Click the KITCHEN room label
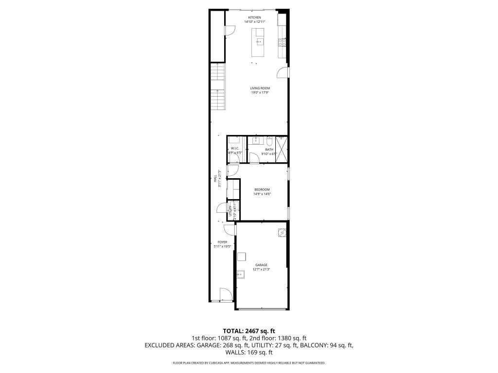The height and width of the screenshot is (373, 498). coord(255,17)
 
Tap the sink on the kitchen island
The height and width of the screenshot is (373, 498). coord(259,42)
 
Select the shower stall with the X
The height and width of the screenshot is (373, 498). coord(282,149)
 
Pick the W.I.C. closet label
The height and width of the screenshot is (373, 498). coord(234,148)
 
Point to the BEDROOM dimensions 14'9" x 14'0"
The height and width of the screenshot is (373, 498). coord(262,194)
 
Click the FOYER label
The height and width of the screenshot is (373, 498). coord(222,241)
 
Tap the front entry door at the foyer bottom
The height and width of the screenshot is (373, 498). coord(224,294)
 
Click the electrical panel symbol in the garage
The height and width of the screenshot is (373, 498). coord(282,232)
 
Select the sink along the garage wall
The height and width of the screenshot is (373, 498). coord(241,274)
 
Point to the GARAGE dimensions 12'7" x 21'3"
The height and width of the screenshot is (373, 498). coord(261,269)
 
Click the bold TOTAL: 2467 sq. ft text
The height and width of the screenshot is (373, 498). coord(249,331)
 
